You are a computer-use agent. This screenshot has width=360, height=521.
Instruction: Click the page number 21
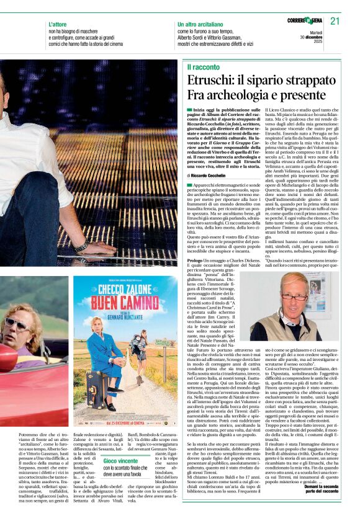pos(335,21)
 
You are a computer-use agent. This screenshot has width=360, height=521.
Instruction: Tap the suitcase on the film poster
pos(94,396)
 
